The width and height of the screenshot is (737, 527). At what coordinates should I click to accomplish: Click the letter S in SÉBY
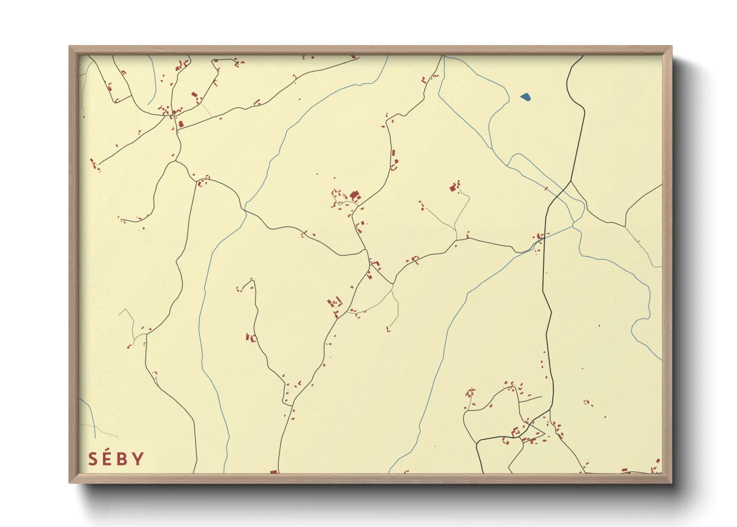point(93,459)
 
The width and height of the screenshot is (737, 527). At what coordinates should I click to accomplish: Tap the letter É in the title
point(107,459)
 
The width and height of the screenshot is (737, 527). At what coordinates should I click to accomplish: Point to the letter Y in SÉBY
point(138,459)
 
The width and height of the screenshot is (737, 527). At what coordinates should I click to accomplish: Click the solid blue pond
point(525,97)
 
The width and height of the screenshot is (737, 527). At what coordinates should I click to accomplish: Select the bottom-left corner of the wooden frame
point(70,482)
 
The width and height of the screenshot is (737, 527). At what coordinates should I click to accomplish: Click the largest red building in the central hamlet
point(355,195)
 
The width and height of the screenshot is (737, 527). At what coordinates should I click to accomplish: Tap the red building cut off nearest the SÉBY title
point(273,471)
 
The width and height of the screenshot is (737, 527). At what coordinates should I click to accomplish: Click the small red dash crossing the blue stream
point(546,188)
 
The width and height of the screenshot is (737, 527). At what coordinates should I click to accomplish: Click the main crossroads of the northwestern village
point(172,116)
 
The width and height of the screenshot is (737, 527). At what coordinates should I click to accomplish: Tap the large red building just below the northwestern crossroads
point(181,123)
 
